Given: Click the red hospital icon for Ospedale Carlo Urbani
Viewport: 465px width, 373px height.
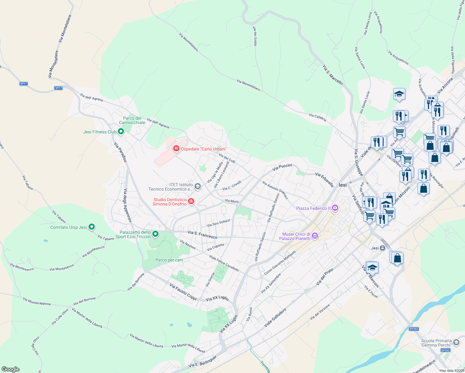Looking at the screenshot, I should click(176, 149).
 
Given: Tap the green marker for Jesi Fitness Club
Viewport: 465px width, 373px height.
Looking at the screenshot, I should click(121, 132).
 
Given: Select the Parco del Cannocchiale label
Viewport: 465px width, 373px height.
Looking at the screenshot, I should click(132, 120).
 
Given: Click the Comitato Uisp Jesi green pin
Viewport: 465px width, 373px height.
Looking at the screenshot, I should click(92, 227).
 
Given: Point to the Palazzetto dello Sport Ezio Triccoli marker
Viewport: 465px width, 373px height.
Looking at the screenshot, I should click(156, 234).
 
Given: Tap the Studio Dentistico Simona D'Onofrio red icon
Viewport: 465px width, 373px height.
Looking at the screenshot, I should click(191, 201).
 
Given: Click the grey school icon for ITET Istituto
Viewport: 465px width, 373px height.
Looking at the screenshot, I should click(198, 186).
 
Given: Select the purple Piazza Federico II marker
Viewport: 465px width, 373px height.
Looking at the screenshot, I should click(335, 208).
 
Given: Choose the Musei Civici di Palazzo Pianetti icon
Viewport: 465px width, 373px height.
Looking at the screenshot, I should click(315, 236).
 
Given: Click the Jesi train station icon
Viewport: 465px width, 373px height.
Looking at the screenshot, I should click(383, 248).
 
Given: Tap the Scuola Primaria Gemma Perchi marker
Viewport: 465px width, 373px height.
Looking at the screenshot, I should click(456, 343).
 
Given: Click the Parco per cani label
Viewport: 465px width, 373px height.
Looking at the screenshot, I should click(169, 260).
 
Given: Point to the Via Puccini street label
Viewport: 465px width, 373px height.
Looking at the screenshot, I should click(282, 167).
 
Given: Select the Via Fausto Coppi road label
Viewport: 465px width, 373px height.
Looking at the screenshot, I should click(183, 292).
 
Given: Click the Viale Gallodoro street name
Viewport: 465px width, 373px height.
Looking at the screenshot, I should click(275, 317).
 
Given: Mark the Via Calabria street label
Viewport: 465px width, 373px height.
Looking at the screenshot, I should click(318, 117).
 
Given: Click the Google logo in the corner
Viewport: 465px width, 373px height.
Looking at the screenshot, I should click(10, 369).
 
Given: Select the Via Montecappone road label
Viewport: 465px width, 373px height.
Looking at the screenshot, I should click(37, 301).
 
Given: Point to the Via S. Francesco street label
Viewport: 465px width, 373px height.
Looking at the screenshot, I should click(202, 235).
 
